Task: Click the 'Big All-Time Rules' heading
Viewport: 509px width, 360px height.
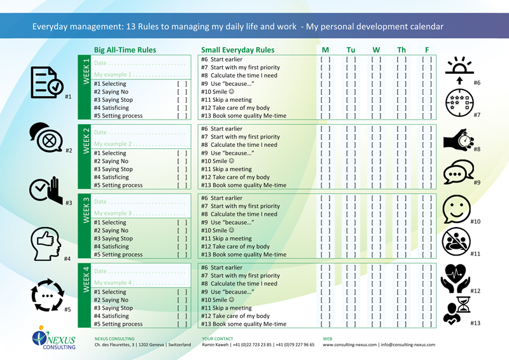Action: [125, 50]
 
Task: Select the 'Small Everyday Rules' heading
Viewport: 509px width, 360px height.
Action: [237, 50]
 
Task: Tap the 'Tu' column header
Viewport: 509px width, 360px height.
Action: [351, 50]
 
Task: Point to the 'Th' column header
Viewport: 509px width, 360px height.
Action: [401, 50]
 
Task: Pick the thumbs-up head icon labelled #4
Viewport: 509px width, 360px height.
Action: [46, 242]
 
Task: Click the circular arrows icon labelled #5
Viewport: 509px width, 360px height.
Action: [46, 296]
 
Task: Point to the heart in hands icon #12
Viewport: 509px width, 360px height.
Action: [458, 277]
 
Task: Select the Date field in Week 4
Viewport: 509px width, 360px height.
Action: [139, 272]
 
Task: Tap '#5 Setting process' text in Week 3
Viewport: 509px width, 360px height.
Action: [118, 254]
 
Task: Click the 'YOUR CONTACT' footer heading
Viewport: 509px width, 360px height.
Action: [217, 338]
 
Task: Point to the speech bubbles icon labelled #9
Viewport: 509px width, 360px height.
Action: [459, 172]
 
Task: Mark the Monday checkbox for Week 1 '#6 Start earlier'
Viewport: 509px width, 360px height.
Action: [325, 60]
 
